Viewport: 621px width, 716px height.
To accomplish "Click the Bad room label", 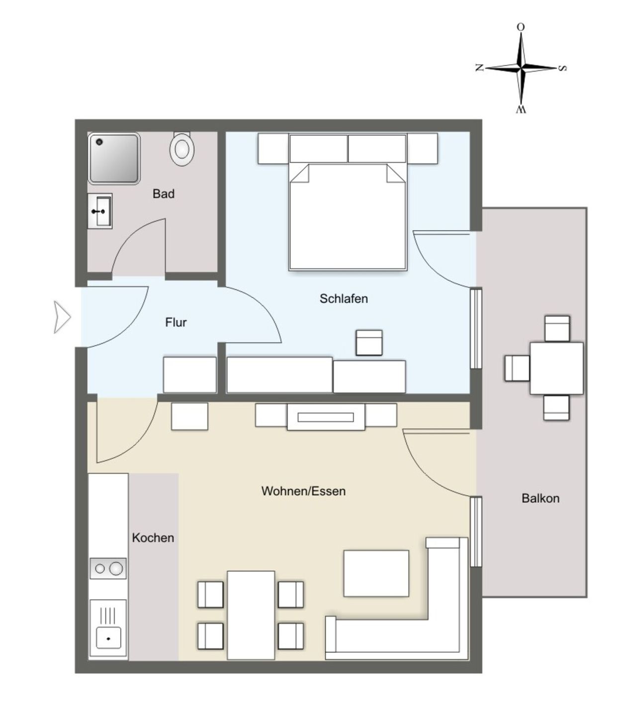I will click(163, 193).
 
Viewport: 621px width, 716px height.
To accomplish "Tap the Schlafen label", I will click(344, 298).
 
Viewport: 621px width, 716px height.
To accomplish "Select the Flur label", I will click(176, 322).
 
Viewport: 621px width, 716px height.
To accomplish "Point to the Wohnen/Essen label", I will click(303, 491).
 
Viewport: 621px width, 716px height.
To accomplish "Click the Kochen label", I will click(153, 537).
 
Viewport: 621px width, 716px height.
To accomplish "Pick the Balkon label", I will click(540, 498).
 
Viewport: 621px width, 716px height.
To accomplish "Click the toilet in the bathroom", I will click(181, 148).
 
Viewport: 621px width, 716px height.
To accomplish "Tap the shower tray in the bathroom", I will click(114, 158).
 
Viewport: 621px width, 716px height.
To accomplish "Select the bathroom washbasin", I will click(100, 211).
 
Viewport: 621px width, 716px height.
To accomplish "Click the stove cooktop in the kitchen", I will click(108, 568).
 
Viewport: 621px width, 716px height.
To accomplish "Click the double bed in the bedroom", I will click(348, 216).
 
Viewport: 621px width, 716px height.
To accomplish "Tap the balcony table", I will click(556, 368).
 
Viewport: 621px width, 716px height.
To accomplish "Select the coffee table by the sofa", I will click(376, 573).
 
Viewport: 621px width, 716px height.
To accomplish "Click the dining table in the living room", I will click(251, 615).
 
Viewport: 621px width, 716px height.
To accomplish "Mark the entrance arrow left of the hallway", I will click(62, 317).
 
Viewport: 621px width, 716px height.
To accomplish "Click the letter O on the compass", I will click(521, 27).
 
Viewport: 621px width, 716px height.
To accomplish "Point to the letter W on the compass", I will click(521, 109).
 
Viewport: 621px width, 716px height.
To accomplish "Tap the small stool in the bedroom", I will click(369, 343).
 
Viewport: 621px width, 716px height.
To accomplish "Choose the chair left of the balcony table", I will click(517, 368).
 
